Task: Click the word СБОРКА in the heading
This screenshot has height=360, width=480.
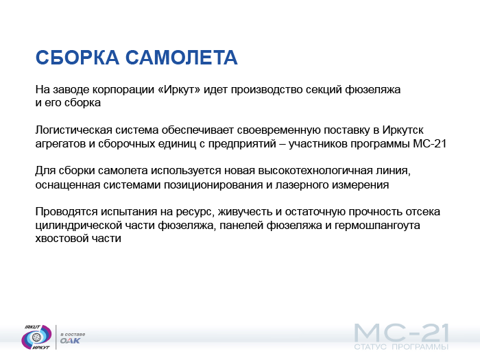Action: point(77,57)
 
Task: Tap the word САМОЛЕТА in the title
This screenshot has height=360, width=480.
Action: point(182,57)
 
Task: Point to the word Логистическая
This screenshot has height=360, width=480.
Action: point(74,130)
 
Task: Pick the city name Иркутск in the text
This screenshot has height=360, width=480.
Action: point(403,130)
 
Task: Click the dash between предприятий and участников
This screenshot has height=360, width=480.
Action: point(283,143)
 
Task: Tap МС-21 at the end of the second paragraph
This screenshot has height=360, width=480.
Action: point(429,143)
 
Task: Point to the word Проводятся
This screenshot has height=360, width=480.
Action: point(67,211)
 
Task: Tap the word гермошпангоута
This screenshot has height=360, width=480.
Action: point(377,226)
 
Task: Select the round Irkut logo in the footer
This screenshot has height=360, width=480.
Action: point(36,337)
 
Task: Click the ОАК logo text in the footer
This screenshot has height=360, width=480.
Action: point(70,341)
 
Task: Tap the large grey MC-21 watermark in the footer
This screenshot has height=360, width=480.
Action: point(401,333)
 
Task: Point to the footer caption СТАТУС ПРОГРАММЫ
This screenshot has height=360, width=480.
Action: point(401,347)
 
